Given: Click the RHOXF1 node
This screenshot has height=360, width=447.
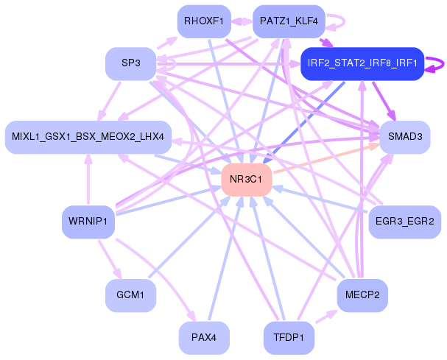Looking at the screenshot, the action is (x=204, y=21).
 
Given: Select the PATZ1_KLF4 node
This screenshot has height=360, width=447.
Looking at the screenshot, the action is (x=289, y=21).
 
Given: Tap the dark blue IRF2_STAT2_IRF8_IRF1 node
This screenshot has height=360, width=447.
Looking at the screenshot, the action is (x=362, y=63).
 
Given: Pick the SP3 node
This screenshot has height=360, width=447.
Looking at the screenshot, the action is (x=131, y=63).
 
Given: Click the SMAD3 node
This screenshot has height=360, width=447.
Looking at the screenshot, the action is (x=405, y=137).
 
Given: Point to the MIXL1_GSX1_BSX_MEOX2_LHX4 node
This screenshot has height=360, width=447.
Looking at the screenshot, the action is (x=88, y=137).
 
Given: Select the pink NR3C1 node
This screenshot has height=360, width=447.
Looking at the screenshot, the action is (x=247, y=180).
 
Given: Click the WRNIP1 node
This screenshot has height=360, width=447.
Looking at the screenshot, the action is (x=88, y=222).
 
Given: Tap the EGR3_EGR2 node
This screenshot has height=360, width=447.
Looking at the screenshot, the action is (x=405, y=222).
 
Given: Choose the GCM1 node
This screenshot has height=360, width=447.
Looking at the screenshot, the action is (x=131, y=295).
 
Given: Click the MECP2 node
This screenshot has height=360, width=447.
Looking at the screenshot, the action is (x=362, y=295).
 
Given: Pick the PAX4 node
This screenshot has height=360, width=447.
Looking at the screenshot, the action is (x=204, y=338).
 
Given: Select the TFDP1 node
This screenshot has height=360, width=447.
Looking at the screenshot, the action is (x=289, y=338).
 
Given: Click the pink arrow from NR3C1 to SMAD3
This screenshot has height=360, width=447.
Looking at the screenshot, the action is (x=327, y=158).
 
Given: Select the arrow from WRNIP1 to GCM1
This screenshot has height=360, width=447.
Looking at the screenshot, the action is (x=110, y=259).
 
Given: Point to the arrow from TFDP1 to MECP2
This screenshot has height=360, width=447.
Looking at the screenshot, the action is (x=327, y=317).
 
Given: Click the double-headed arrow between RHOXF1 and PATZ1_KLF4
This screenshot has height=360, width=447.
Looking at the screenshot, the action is (x=242, y=21).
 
